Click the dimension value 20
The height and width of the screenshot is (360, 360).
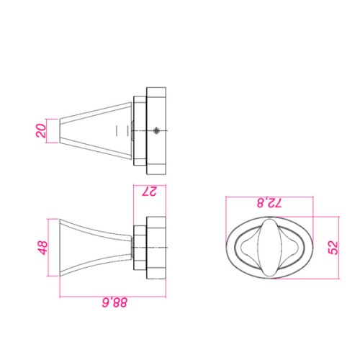41,131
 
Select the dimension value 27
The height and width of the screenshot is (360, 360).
149,192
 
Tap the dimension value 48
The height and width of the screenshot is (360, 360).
43,248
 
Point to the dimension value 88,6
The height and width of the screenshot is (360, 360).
114,303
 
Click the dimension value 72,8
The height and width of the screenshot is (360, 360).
269,203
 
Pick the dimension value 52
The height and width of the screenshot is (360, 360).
333,248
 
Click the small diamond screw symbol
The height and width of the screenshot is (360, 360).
156,130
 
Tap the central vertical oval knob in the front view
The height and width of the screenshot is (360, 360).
270,248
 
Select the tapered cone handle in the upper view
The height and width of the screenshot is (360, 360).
96,131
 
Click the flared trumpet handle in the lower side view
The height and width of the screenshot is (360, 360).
96,248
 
